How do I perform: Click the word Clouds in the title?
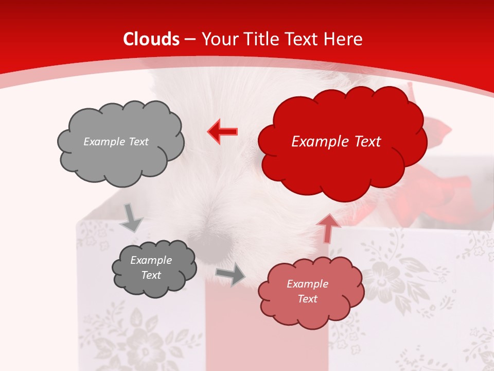click(x=151, y=39)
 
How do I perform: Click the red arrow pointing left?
click(x=223, y=132)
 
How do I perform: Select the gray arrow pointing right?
click(x=231, y=275)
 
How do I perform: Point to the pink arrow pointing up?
click(x=328, y=228)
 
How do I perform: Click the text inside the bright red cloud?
click(x=336, y=142)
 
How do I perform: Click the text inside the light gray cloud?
click(x=116, y=142)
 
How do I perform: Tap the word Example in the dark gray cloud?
click(x=151, y=260)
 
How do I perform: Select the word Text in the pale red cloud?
click(x=307, y=299)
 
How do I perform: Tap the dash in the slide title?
click(x=190, y=39)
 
